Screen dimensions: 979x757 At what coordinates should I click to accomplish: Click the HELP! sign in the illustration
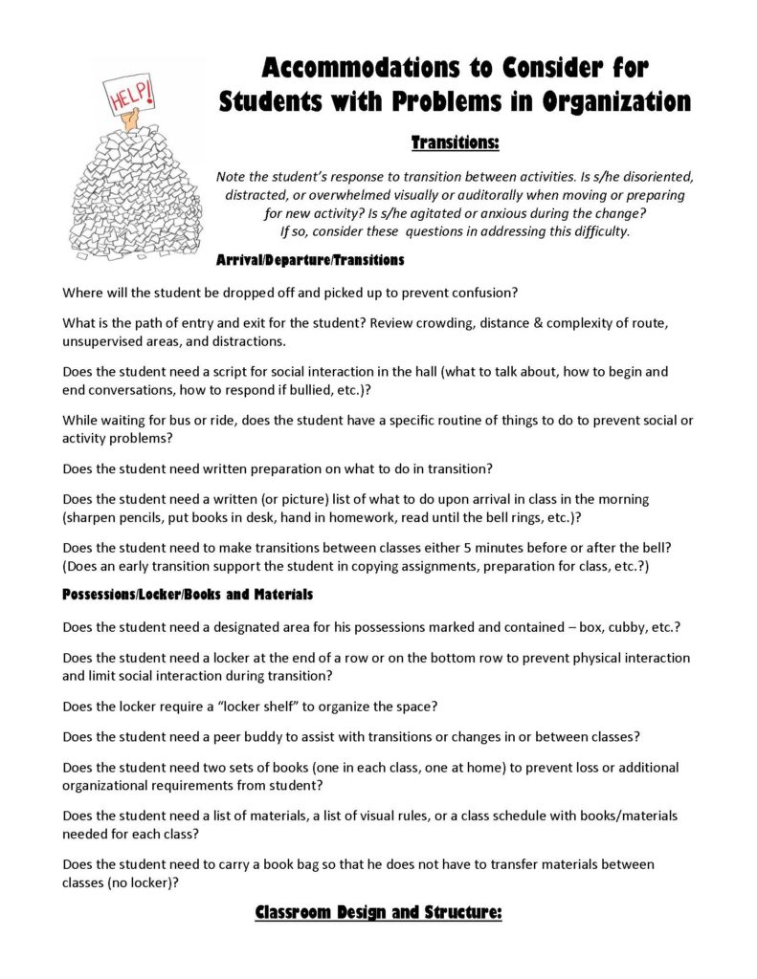coord(127,96)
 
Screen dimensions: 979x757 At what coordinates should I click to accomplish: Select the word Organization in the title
coord(607,101)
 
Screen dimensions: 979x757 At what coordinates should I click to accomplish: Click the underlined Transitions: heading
coord(455,142)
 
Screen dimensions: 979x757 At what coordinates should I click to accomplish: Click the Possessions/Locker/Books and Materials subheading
coord(187,595)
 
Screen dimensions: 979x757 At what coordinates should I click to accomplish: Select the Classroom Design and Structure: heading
coord(378,913)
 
